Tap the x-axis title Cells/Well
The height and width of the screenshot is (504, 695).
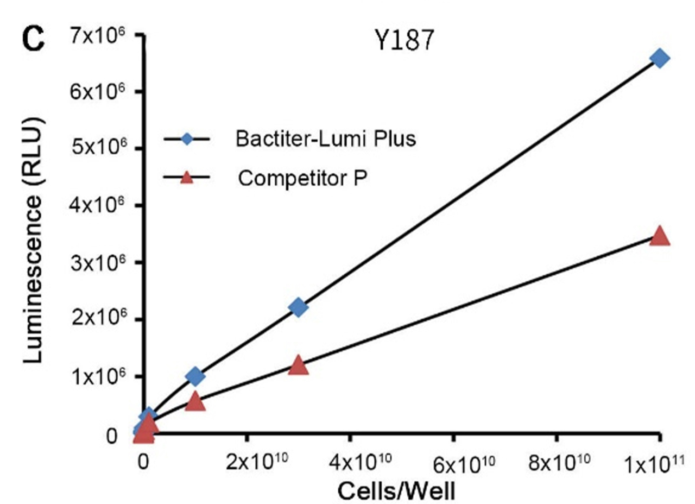click(396, 490)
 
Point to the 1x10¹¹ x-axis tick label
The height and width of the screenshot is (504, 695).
click(658, 464)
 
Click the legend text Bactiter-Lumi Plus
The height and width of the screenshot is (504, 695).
click(326, 139)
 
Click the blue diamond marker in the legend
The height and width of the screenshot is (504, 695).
click(187, 140)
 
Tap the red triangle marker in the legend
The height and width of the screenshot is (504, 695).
click(187, 177)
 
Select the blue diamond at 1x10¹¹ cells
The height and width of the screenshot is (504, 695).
click(660, 58)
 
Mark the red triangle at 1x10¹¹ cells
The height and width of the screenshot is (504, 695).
click(660, 236)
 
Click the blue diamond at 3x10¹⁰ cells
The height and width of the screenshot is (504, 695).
click(298, 307)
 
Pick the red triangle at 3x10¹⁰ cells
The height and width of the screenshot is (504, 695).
click(298, 366)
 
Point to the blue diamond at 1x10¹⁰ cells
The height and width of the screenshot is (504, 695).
click(195, 376)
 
